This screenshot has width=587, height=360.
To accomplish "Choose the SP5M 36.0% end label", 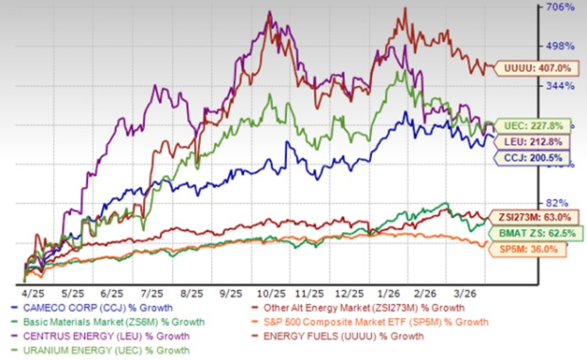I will point(526,248).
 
